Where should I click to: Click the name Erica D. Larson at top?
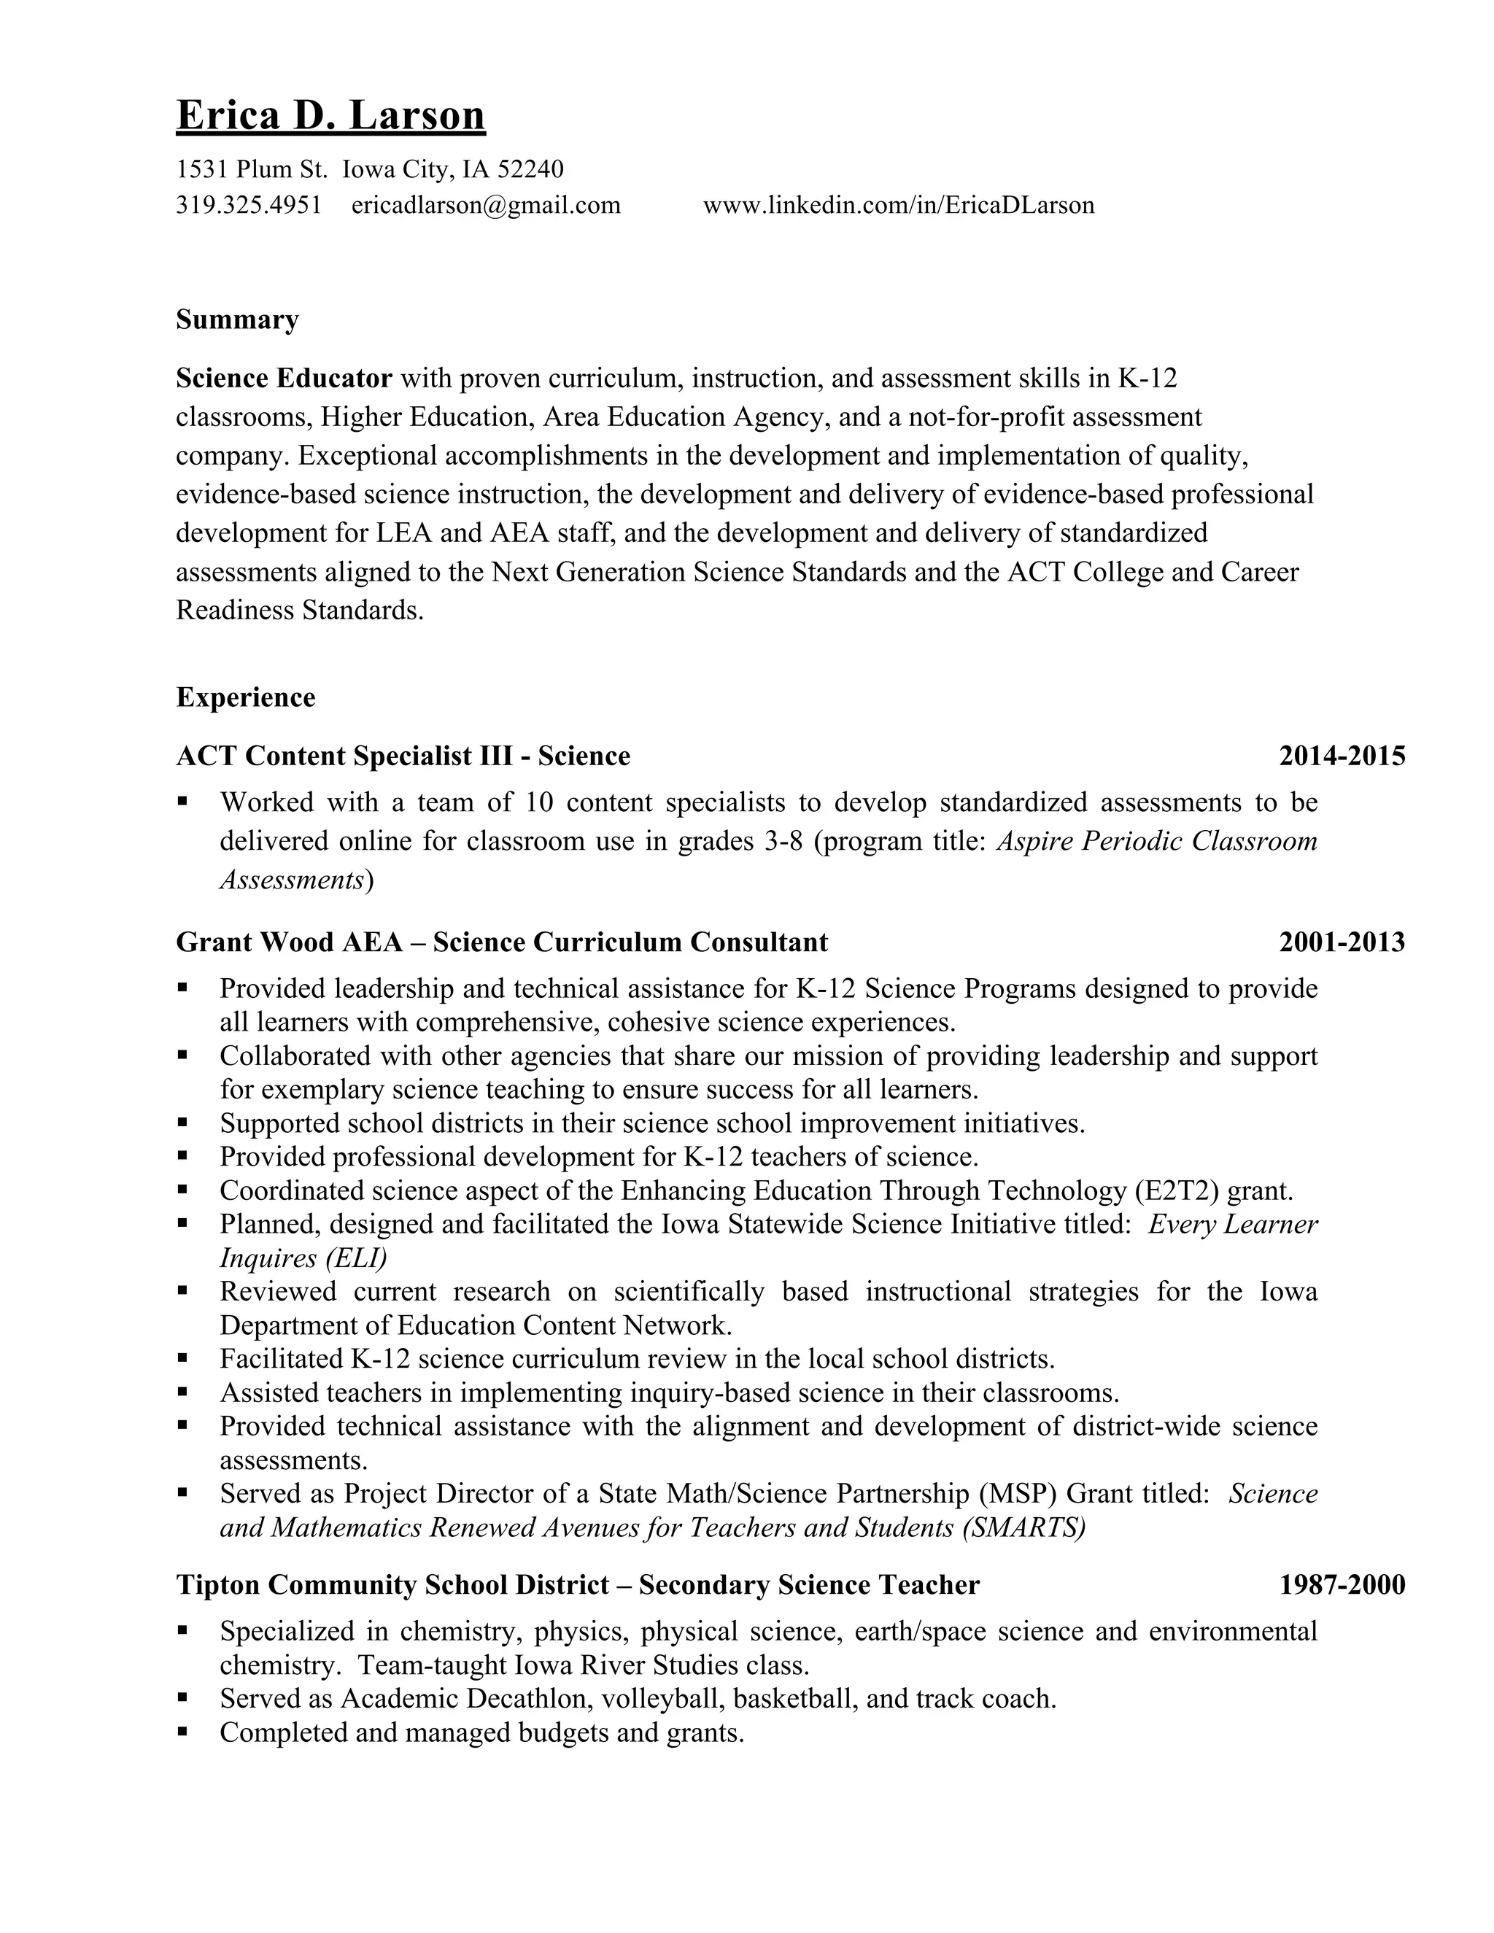330,116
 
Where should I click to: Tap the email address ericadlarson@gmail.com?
486,206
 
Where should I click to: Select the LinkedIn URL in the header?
898,206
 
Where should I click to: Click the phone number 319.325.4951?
249,206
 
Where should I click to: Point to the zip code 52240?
530,168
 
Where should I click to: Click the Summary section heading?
237,319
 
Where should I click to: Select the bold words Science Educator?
283,379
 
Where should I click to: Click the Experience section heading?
245,697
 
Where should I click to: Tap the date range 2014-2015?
1342,756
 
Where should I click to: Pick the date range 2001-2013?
1342,942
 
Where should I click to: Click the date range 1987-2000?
1342,1584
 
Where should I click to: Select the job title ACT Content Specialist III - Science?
403,756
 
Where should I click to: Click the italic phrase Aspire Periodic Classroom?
1157,841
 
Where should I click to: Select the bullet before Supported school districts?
182,1123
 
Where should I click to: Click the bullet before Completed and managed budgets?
182,1731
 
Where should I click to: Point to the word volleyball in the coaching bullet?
662,1698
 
